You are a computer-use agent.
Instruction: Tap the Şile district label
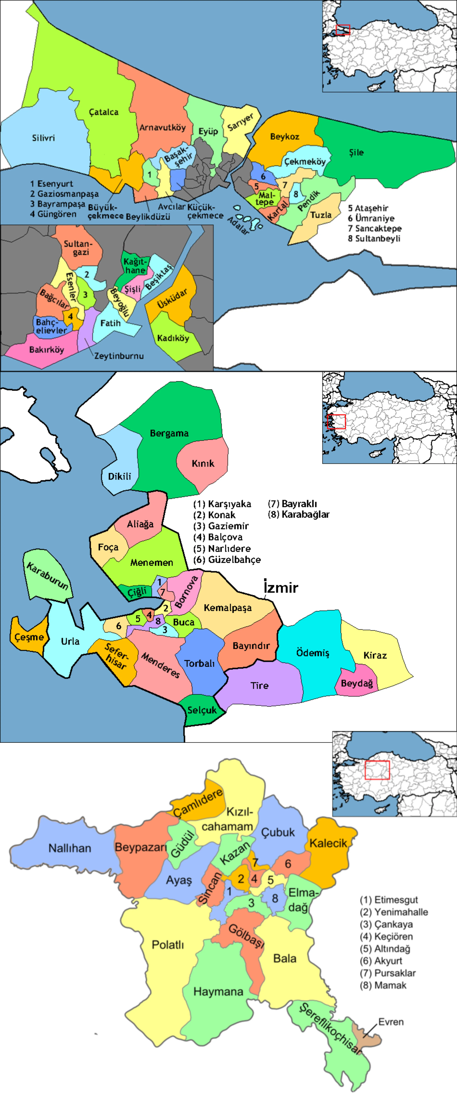pyautogui.click(x=356, y=152)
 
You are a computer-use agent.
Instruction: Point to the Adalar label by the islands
pyautogui.click(x=238, y=225)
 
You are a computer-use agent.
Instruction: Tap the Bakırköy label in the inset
pyautogui.click(x=46, y=350)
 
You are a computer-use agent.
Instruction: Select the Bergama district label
pyautogui.click(x=169, y=433)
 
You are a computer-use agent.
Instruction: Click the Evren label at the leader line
pyautogui.click(x=390, y=1022)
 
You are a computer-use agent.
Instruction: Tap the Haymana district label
pyautogui.click(x=218, y=992)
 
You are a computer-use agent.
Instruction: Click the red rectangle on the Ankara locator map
pyautogui.click(x=377, y=770)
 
